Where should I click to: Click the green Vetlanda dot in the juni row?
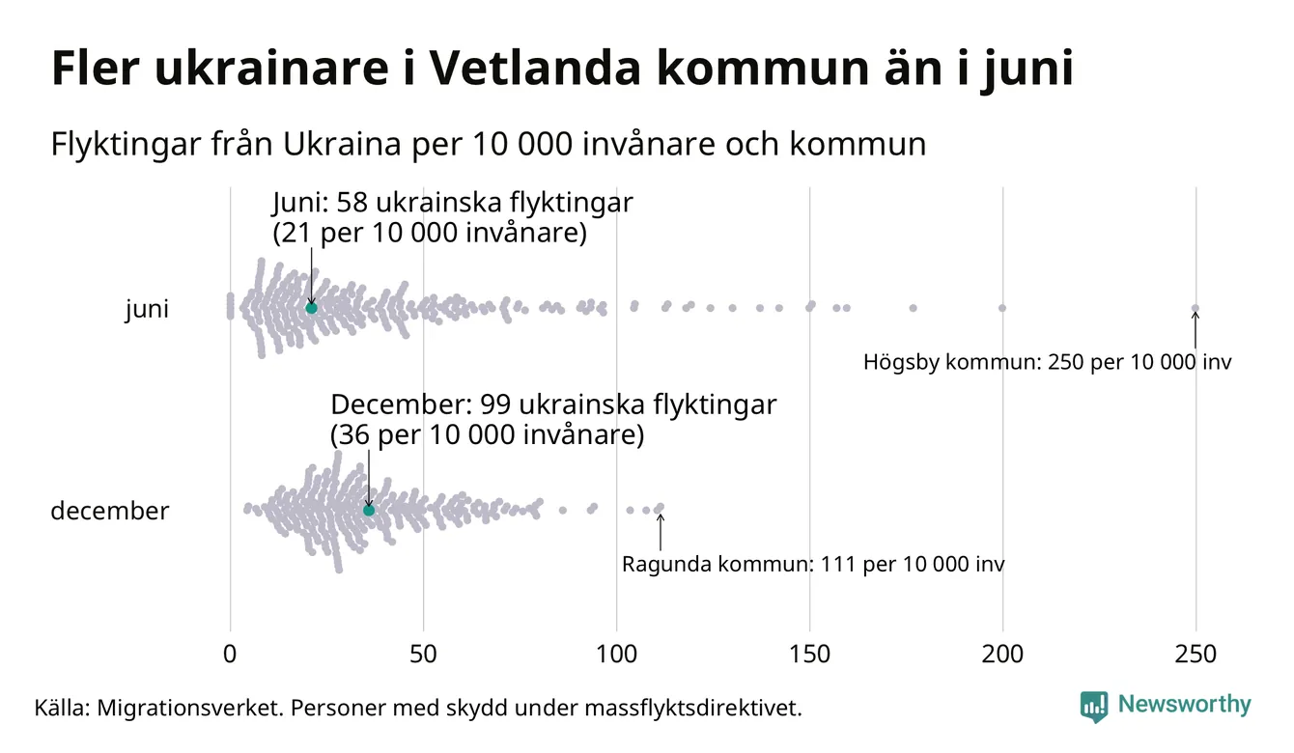[311, 308]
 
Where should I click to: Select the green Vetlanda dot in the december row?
[368, 510]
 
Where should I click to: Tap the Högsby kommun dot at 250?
[1196, 309]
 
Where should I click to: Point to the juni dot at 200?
[1002, 308]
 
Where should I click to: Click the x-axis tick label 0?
[230, 655]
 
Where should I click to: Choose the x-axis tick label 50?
[423, 655]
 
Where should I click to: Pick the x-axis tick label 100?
[616, 655]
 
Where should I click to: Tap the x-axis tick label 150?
[809, 655]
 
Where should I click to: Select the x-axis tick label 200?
[1002, 655]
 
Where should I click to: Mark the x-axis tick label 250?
[1196, 655]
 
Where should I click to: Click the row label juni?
[147, 310]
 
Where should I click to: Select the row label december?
[109, 511]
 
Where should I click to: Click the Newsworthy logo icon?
[1093, 706]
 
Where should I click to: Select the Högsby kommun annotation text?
[1047, 364]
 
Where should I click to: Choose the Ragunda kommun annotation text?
[812, 565]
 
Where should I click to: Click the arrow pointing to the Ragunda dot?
[661, 530]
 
